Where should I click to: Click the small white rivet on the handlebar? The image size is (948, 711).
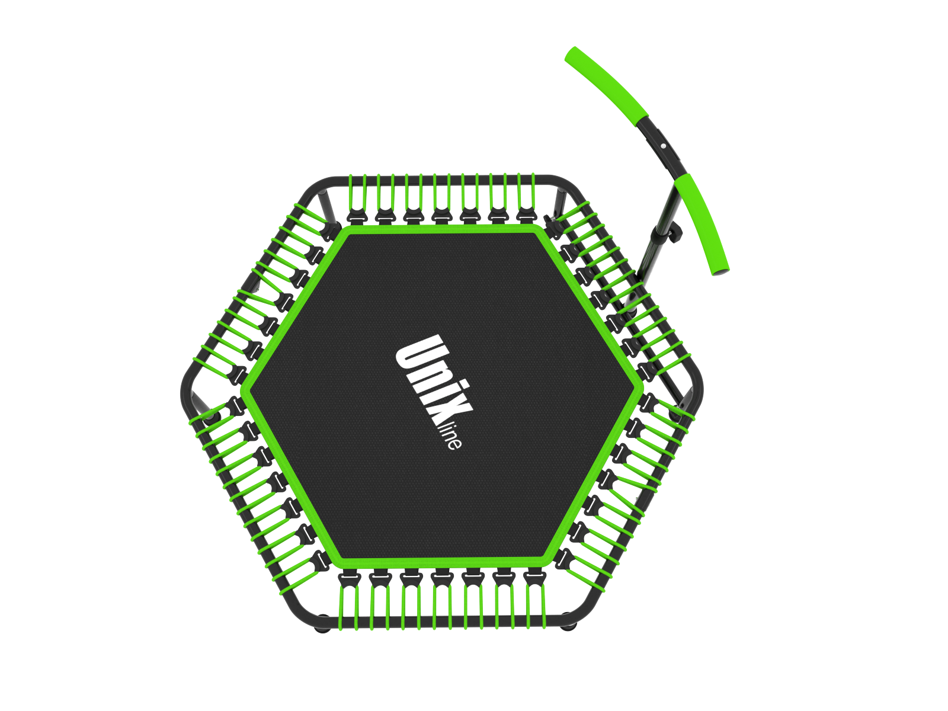tap(664, 146)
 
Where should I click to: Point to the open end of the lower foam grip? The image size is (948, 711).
tap(721, 272)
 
